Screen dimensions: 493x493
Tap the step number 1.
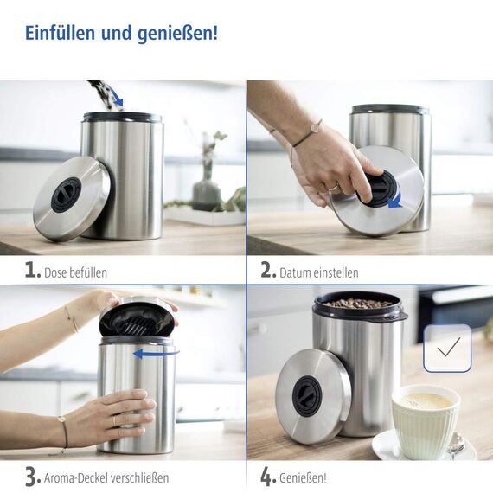click(32, 270)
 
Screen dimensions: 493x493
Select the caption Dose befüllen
click(76, 272)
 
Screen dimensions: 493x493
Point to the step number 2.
click(268, 270)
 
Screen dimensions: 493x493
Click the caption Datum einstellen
click(318, 272)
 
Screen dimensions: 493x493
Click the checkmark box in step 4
click(447, 348)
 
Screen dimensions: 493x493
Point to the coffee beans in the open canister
click(358, 304)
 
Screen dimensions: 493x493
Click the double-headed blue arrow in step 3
click(157, 352)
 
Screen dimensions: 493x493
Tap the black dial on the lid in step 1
click(66, 195)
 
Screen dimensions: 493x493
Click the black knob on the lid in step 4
click(307, 394)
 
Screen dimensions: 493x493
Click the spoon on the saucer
click(456, 444)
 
